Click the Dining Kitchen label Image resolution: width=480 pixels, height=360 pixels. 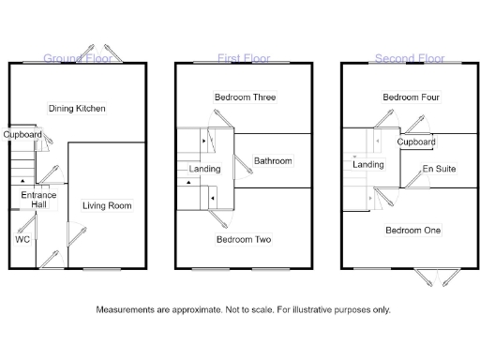coord(77,109)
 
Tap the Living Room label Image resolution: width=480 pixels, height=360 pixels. coord(107,205)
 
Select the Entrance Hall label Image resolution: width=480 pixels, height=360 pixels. coord(38,200)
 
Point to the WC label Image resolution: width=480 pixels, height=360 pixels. coord(22,239)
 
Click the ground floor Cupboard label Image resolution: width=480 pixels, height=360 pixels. coord(22,135)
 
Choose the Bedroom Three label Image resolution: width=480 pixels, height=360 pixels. coord(245,97)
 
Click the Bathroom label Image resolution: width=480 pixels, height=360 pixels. coord(273,161)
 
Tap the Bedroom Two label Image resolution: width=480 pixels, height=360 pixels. coord(244,240)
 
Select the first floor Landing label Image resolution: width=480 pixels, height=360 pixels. coord(204,169)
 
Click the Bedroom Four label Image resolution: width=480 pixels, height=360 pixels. coord(412,97)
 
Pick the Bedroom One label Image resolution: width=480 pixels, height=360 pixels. coord(411,229)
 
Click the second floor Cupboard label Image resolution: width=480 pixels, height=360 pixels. coord(416,142)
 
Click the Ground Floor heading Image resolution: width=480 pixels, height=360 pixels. coord(77,58)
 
